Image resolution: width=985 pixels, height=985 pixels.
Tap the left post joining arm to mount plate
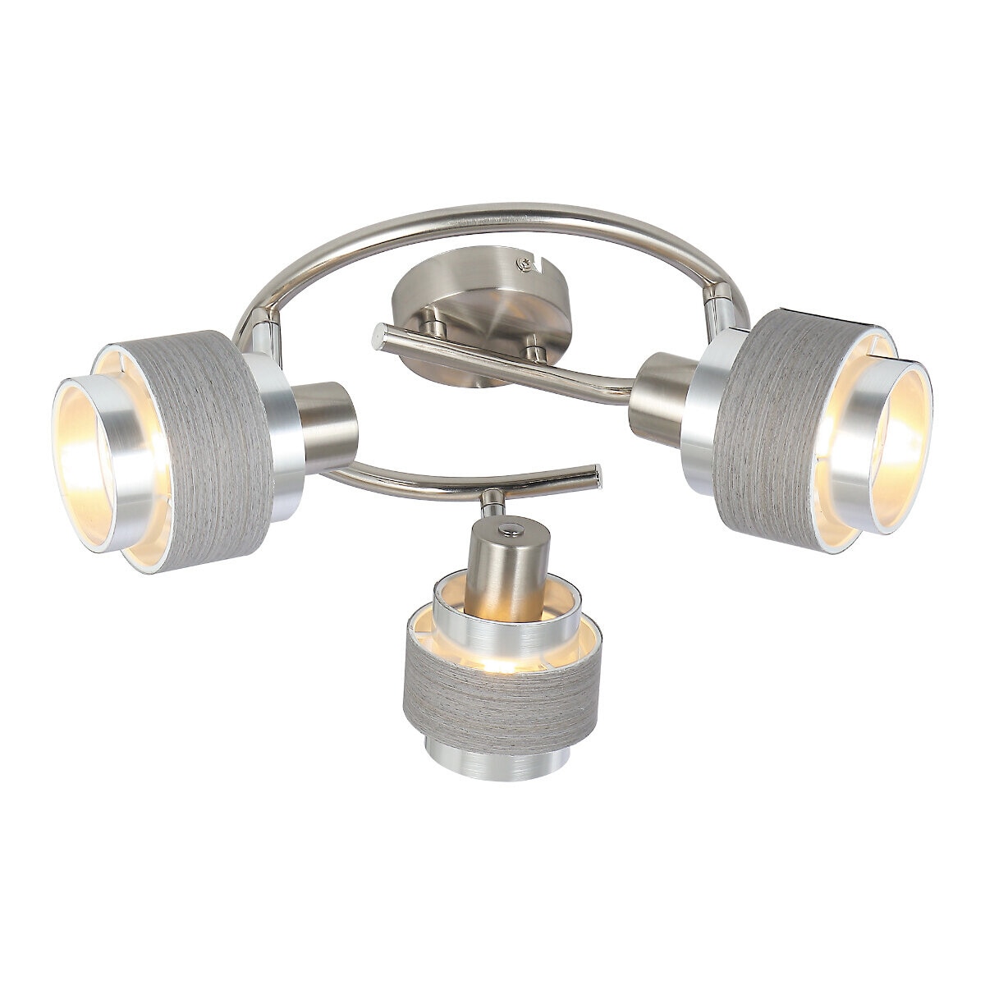[x=430, y=326]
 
